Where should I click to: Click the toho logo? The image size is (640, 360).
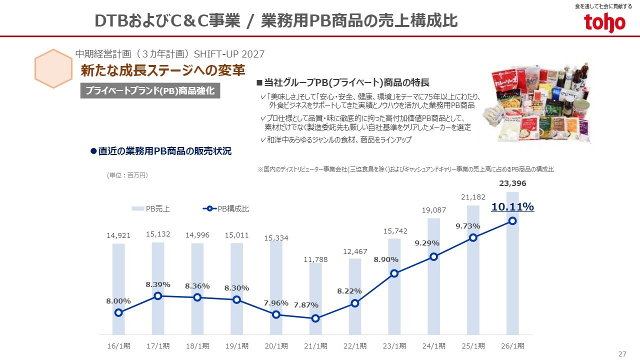pyautogui.click(x=604, y=23)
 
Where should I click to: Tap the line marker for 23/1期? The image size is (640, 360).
pyautogui.click(x=394, y=273)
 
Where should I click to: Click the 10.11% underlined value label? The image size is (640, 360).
pyautogui.click(x=512, y=207)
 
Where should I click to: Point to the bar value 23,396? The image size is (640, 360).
pyautogui.click(x=512, y=183)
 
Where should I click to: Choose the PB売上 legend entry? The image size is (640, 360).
pyautogui.click(x=151, y=209)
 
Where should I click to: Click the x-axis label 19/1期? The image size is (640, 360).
pyautogui.click(x=237, y=346)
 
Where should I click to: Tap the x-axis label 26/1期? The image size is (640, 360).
pyautogui.click(x=512, y=346)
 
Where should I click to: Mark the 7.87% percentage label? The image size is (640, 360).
pyautogui.click(x=306, y=305)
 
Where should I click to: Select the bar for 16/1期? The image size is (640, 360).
pyautogui.click(x=118, y=280)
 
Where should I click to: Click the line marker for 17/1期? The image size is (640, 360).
pyautogui.click(x=158, y=296)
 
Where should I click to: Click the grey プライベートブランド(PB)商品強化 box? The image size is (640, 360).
pyautogui.click(x=150, y=91)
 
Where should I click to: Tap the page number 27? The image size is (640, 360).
pyautogui.click(x=622, y=354)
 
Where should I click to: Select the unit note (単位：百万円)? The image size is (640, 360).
pyautogui.click(x=127, y=175)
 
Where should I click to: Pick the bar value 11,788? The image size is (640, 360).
pyautogui.click(x=315, y=259)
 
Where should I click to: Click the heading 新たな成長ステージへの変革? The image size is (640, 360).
pyautogui.click(x=162, y=71)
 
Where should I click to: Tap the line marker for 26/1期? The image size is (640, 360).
pyautogui.click(x=512, y=221)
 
